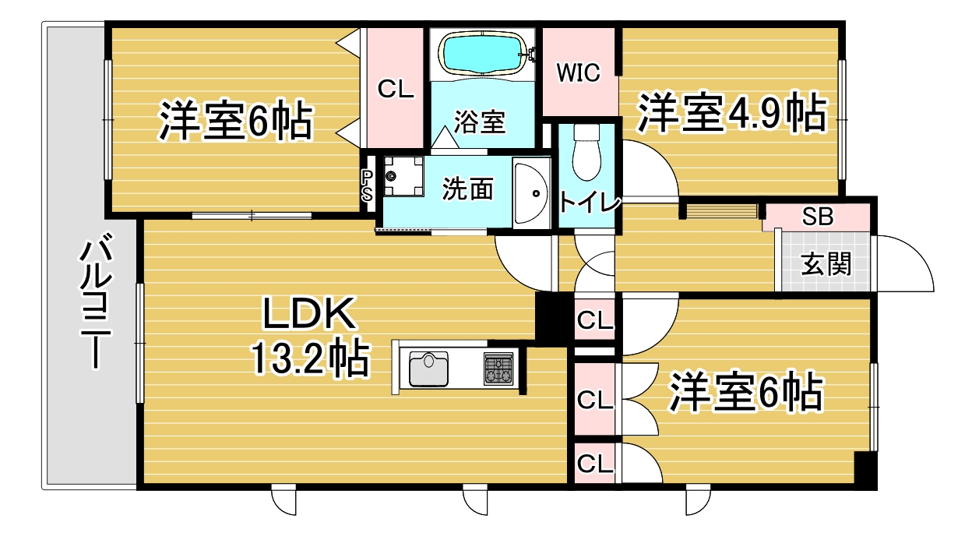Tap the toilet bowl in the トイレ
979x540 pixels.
[586, 153]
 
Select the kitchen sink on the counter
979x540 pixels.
[428, 369]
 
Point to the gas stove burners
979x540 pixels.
[498, 369]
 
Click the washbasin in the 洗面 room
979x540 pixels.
[530, 193]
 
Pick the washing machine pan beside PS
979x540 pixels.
[403, 176]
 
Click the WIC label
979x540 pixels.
[578, 73]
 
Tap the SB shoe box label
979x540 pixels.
[818, 216]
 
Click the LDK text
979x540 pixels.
[308, 313]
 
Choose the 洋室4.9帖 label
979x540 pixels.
[731, 112]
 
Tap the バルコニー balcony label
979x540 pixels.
[95, 301]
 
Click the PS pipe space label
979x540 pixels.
[367, 185]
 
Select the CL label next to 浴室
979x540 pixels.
[396, 89]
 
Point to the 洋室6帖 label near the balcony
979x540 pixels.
[235, 120]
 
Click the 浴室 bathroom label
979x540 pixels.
[480, 122]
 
